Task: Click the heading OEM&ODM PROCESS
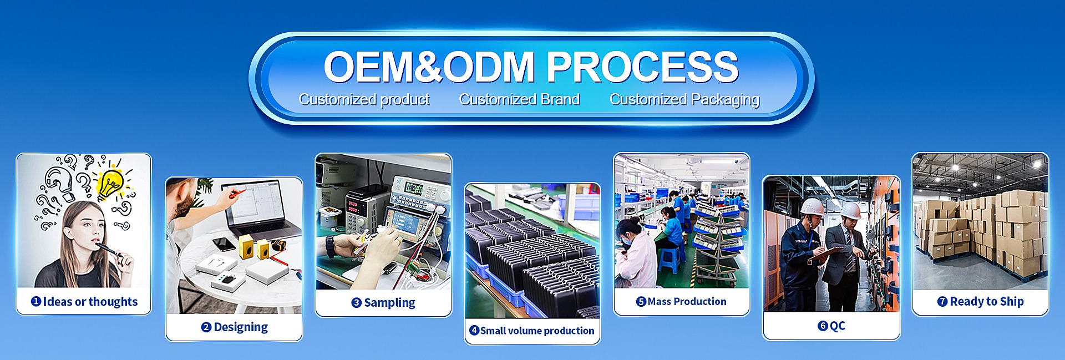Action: tap(531, 67)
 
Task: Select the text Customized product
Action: tap(364, 99)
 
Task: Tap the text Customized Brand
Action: tap(519, 99)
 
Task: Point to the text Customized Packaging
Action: tap(684, 99)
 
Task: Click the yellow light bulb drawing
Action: tap(111, 184)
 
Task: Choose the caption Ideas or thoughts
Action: tap(90, 302)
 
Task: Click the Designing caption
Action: tap(241, 327)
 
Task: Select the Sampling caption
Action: tap(389, 303)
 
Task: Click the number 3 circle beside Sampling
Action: tap(357, 303)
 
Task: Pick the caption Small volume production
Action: tap(537, 331)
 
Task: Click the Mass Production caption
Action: tap(687, 301)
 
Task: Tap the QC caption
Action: tap(838, 326)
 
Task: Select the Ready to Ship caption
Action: tap(987, 302)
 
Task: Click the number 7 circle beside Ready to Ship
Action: tap(942, 302)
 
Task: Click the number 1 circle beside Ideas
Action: tap(36, 301)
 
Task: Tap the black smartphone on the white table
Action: tap(224, 244)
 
